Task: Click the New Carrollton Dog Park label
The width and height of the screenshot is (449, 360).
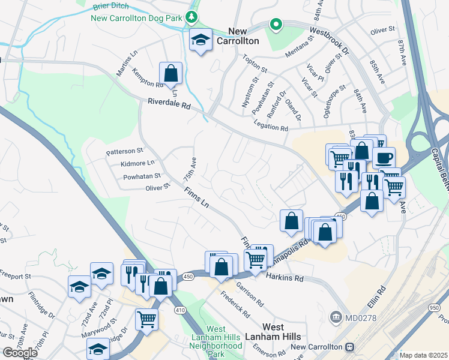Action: click(136, 18)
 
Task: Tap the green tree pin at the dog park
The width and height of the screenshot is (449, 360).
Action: click(191, 17)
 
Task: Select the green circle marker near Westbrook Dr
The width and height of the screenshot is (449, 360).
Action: click(276, 25)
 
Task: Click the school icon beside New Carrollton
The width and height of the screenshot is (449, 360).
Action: click(201, 40)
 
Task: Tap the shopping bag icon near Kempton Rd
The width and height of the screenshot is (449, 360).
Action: click(171, 73)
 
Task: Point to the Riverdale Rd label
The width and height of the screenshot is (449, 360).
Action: click(169, 104)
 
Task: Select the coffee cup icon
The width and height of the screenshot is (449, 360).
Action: click(384, 158)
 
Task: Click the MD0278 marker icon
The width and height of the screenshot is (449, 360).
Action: click(336, 316)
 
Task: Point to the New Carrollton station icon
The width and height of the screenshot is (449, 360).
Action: click(349, 347)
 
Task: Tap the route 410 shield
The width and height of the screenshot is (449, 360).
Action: click(180, 310)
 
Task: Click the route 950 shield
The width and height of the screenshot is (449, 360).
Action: click(434, 307)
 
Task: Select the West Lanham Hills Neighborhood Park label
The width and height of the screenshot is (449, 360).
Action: click(216, 341)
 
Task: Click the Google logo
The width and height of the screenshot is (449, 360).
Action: click(20, 352)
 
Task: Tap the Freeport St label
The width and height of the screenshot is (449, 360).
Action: click(15, 276)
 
